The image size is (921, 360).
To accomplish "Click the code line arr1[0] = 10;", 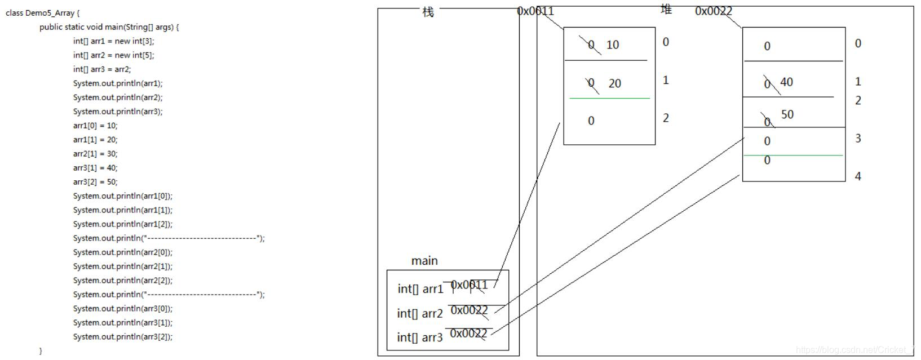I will tap(95, 126).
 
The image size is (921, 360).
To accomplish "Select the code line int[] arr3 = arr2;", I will tap(101, 69).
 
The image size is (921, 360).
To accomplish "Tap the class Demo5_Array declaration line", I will tap(42, 13).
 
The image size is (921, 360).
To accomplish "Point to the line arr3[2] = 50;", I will tap(95, 182).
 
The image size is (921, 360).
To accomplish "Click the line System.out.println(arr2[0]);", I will tap(122, 252).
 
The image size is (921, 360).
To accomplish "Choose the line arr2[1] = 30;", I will tap(95, 154).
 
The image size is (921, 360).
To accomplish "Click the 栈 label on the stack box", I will tap(428, 12).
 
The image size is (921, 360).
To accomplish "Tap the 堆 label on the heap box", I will tap(666, 10).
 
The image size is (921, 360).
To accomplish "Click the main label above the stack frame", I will tap(424, 261).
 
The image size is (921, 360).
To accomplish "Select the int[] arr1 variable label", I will tap(420, 289).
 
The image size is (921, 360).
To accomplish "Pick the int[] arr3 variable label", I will tap(419, 337).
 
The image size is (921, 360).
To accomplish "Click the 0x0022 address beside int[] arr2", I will tap(469, 310).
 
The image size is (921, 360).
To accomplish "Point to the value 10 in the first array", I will tap(613, 45).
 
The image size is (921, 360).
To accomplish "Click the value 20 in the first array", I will tap(615, 84).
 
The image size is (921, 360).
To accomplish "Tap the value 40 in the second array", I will tap(786, 82).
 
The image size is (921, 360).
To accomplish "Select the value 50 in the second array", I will tap(787, 115).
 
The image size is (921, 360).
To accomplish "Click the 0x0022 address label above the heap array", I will tap(713, 11).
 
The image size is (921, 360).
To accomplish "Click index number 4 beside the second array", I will tap(858, 176).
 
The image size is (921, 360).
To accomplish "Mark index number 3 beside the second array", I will tap(858, 139).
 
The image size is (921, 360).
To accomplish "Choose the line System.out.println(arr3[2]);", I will tap(122, 337).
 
